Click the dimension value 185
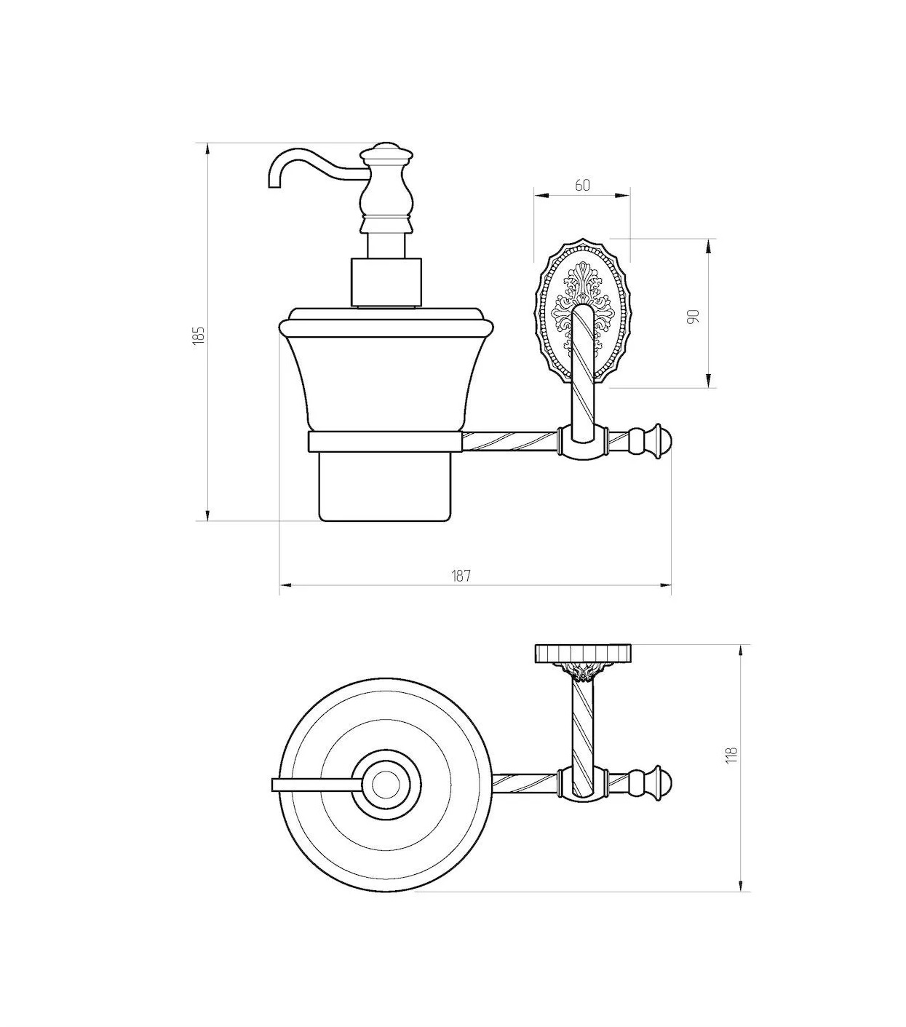point(199,335)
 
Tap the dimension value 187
point(461,576)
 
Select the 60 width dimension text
point(583,186)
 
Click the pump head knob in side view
point(386,151)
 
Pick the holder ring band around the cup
point(384,440)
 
